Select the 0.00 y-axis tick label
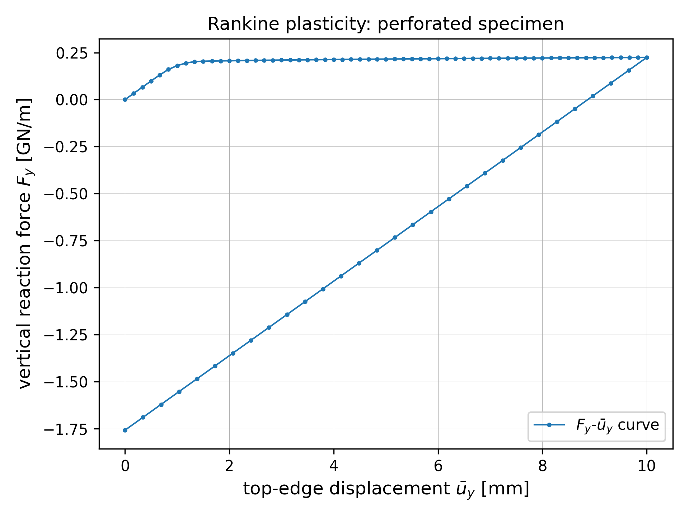pyautogui.click(x=72, y=100)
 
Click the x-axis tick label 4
pyautogui.click(x=334, y=466)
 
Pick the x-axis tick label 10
pyautogui.click(x=647, y=466)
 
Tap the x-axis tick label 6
pyautogui.click(x=438, y=466)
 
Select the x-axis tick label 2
pyautogui.click(x=229, y=466)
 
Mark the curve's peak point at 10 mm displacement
pyautogui.click(x=647, y=57)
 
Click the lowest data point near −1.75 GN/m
pyautogui.click(x=125, y=430)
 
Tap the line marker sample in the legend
pyautogui.click(x=549, y=425)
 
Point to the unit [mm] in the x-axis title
pyautogui.click(x=505, y=489)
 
